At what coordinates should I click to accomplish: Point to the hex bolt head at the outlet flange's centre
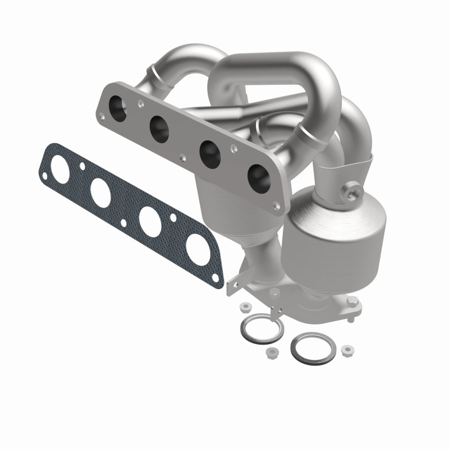[x=274, y=292]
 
